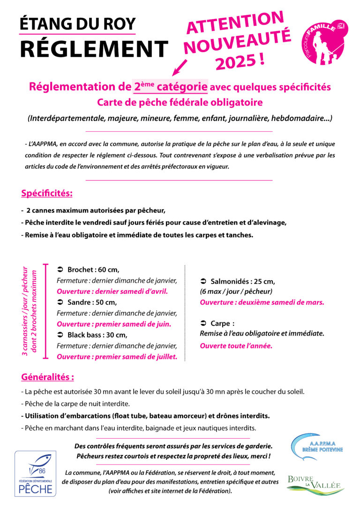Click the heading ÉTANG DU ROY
pos(78,23)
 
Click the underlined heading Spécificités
pos(47,193)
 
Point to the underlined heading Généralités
pos(47,377)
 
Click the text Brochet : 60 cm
pos(93,269)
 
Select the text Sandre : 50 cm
pos(92,302)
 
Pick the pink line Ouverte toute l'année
pos(236,346)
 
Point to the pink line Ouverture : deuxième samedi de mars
pos(262,302)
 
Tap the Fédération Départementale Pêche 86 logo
pos(35,473)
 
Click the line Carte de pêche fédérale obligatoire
pos(180,102)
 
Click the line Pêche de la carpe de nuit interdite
pos(75,404)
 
